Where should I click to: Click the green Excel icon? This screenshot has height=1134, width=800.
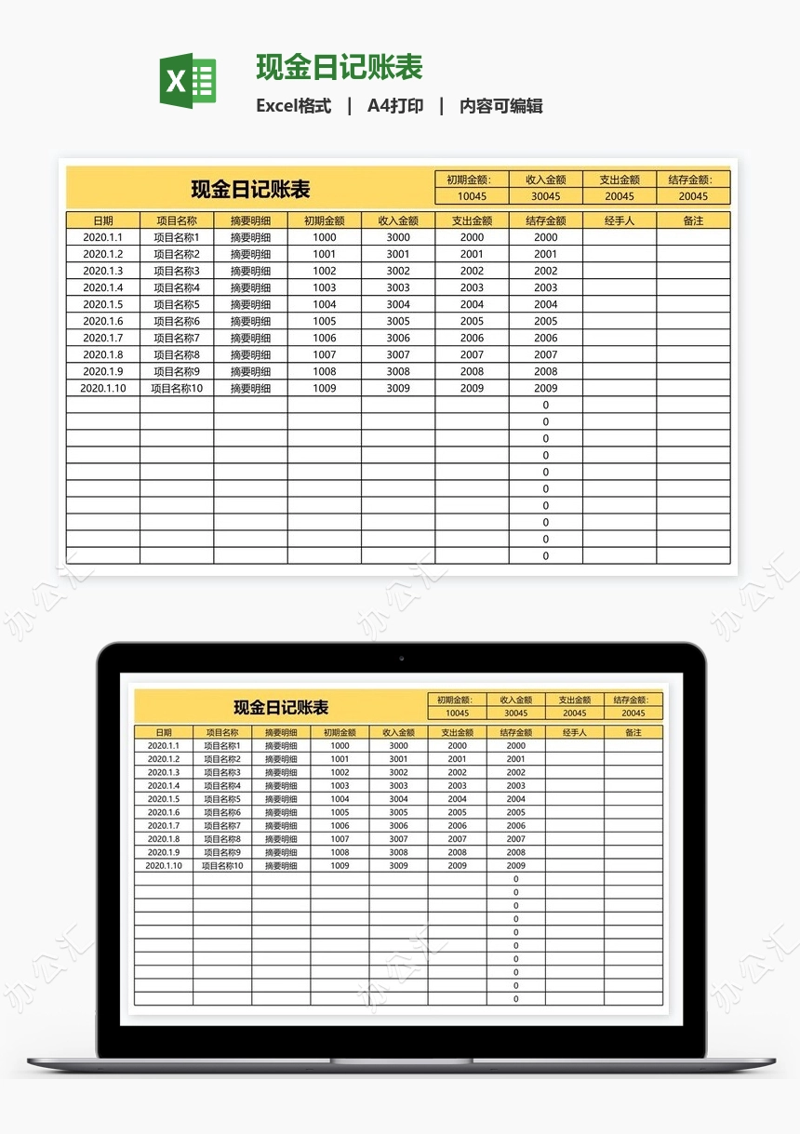click(189, 81)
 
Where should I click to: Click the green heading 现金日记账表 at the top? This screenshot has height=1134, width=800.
click(340, 67)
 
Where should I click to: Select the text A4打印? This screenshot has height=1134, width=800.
click(395, 106)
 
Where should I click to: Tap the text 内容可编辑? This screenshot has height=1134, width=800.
click(500, 106)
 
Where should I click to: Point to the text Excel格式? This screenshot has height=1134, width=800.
click(294, 106)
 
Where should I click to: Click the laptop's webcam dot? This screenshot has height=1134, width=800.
click(401, 658)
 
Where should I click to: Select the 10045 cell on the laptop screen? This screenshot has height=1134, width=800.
click(457, 714)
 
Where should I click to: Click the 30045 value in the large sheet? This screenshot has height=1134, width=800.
click(546, 196)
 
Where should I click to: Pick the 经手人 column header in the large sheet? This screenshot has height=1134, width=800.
click(620, 220)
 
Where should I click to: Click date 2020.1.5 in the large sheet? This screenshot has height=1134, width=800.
click(102, 304)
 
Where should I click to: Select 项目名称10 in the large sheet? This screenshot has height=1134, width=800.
click(177, 388)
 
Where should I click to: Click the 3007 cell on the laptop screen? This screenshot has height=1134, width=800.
click(398, 839)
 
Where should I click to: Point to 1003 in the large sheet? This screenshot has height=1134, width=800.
click(325, 287)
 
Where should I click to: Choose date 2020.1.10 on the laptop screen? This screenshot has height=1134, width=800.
click(164, 866)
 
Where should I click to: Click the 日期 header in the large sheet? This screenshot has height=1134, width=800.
click(103, 220)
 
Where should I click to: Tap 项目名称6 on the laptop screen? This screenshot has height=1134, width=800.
click(222, 813)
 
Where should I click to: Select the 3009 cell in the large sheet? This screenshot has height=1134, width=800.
click(398, 388)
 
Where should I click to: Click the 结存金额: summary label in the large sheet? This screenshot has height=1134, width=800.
click(693, 180)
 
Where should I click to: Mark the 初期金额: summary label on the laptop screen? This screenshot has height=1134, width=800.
click(457, 700)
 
